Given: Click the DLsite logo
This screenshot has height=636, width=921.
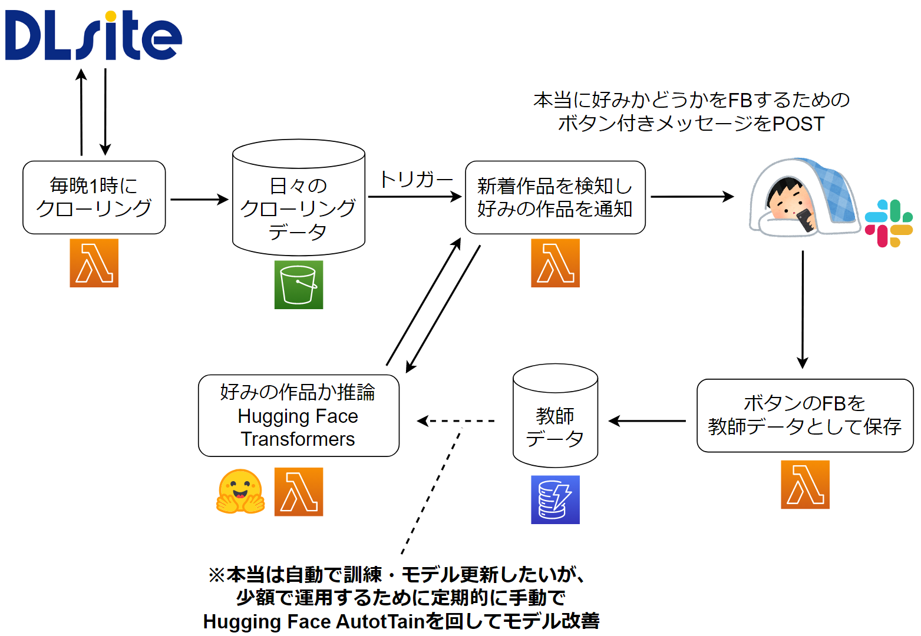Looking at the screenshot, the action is [93, 35].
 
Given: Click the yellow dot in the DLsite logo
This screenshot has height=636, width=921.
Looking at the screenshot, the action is [111, 16].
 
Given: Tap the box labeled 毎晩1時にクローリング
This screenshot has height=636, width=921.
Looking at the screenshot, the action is [94, 198].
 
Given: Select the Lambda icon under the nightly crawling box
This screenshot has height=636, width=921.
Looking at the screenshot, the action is [94, 263].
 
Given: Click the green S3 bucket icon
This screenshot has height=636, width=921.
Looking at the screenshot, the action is [299, 284].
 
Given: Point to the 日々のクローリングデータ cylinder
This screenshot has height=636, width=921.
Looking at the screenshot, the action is [299, 198].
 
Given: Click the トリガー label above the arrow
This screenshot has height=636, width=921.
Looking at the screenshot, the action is [415, 180].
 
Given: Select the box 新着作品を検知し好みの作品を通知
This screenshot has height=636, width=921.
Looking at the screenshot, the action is [556, 198].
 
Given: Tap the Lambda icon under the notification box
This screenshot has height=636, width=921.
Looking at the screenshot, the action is [556, 263].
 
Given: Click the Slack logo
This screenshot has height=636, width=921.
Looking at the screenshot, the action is [889, 224].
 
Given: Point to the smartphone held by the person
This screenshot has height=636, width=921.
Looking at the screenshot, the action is [806, 221].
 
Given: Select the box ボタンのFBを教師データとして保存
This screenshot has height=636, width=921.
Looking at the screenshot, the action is [806, 416].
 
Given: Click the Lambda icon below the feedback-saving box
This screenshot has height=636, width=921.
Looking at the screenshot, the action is [806, 485].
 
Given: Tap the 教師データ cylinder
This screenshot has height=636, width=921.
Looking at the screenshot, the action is [556, 416].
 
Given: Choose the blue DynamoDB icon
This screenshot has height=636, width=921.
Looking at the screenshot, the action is [556, 500].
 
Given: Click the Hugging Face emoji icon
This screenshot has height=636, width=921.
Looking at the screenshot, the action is [240, 492].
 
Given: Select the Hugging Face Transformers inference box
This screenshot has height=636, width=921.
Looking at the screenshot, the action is [299, 416].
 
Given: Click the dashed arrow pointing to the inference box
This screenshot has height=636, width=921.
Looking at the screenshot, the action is [455, 421].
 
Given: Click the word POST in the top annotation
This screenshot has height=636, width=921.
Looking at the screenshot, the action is [799, 124].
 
